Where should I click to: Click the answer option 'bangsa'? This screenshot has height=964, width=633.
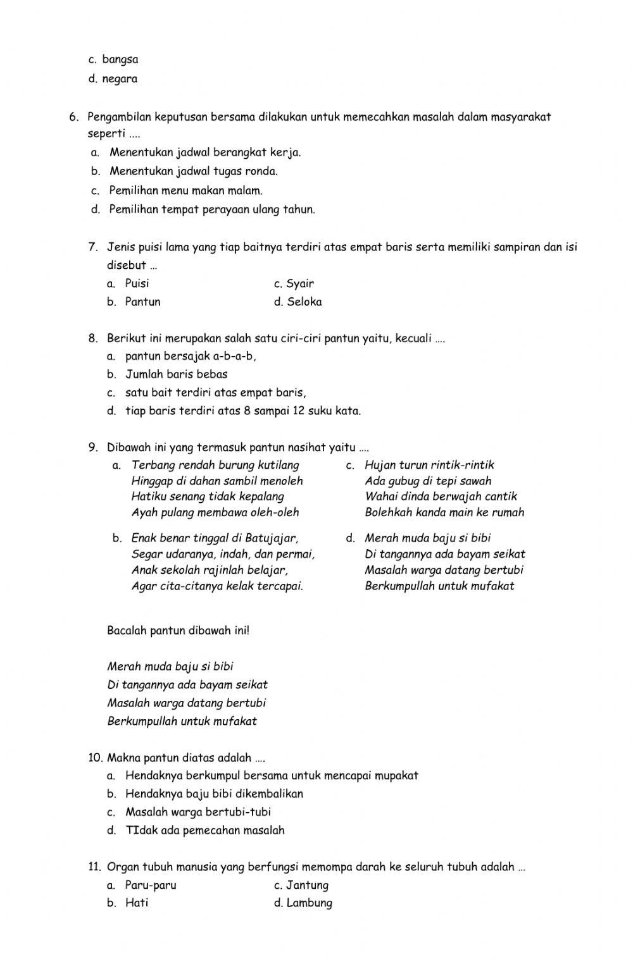point(120,59)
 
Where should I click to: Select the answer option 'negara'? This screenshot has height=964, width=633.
point(119,79)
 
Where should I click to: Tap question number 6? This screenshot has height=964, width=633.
point(74,116)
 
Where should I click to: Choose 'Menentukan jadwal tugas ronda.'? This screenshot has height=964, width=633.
point(193,171)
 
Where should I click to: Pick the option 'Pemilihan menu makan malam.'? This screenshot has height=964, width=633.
point(185,190)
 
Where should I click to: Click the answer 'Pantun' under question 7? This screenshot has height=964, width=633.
point(142,302)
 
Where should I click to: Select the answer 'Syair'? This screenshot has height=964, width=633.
point(299,283)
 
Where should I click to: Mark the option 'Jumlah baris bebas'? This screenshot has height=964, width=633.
point(176,374)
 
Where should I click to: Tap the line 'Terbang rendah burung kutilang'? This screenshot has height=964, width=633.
point(215,465)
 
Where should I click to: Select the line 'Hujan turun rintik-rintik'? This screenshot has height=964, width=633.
point(429,465)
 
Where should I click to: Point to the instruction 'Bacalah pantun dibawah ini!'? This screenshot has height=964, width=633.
point(179,630)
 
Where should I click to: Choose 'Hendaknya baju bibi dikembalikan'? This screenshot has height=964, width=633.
point(214,793)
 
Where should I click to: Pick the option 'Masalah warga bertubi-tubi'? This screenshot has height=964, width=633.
point(197,812)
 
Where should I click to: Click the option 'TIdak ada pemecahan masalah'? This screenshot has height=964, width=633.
point(204,830)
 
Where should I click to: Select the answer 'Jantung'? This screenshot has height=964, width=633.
point(307,885)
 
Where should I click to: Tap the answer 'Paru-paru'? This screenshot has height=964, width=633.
point(151,885)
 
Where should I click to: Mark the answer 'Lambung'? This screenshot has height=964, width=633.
point(309,903)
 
